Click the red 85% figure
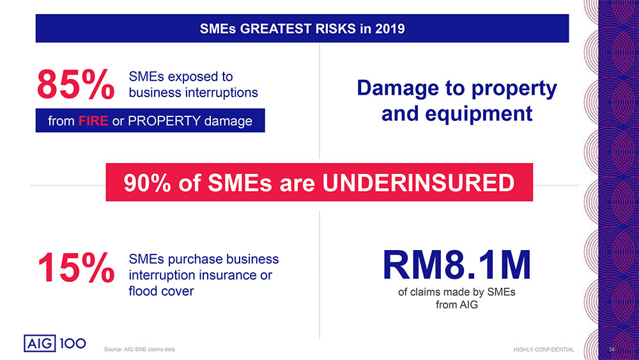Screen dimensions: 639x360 (x=76, y=84)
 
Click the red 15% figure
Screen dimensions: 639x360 (x=76, y=267)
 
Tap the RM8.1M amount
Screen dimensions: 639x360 (x=457, y=265)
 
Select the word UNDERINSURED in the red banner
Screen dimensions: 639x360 (x=418, y=183)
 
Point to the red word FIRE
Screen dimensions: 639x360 (x=93, y=121)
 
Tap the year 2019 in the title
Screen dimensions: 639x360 (x=390, y=29)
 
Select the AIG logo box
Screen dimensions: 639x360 (x=40, y=343)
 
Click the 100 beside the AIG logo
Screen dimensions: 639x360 (x=73, y=343)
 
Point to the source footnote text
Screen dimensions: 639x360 (x=139, y=349)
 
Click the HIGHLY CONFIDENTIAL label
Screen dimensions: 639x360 (x=544, y=349)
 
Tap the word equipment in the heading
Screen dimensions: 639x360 (x=479, y=114)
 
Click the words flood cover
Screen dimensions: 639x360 (x=162, y=291)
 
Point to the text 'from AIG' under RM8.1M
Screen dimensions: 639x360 (x=457, y=304)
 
